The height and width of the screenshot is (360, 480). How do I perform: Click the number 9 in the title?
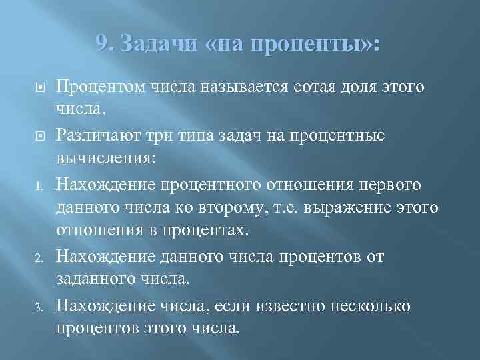pos(103,45)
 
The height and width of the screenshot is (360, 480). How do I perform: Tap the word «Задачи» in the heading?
pos(153,45)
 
